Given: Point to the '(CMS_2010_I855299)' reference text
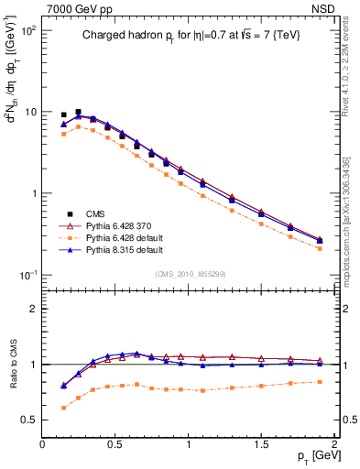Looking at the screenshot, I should pos(188,272).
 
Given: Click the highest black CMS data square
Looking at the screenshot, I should pos(78,112).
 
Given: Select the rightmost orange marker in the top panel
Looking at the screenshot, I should pos(320,248).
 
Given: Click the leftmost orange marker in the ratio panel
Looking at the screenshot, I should pos(63,408).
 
